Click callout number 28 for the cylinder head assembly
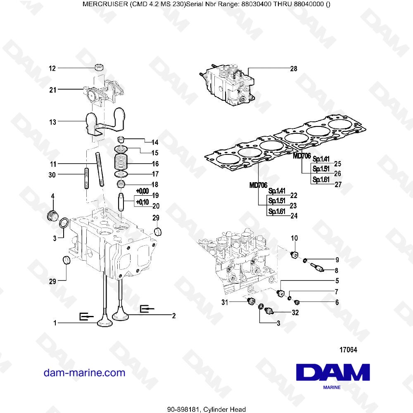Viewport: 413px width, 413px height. click(294, 69)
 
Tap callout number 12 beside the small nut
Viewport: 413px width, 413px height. click(52, 68)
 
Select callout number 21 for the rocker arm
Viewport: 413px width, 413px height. click(52, 89)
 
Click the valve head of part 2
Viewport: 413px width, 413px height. click(122, 316)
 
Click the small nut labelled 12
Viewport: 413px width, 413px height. click(100, 68)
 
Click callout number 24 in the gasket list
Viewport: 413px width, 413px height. click(294, 215)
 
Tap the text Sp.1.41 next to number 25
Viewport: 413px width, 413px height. click(321, 159)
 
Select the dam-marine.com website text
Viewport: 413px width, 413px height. click(84, 373)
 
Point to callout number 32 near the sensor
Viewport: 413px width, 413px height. click(295, 313)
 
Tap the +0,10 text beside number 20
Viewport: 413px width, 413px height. click(142, 202)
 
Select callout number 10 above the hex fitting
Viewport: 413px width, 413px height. click(294, 238)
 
